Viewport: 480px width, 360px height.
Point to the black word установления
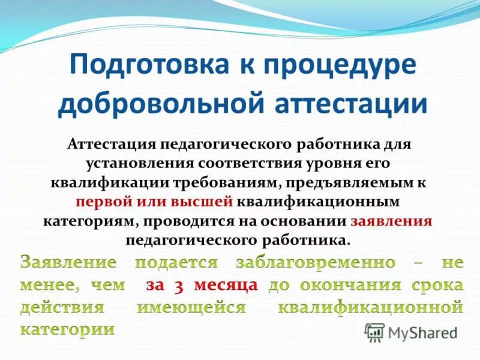coord(136,163)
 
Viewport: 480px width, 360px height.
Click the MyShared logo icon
coord(374,331)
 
